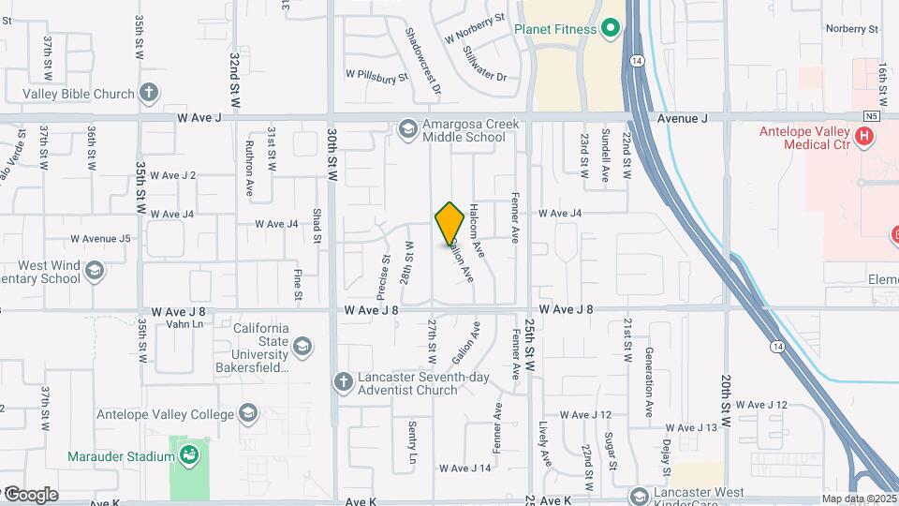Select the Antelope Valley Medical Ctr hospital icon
click(864, 137)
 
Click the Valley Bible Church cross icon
click(149, 93)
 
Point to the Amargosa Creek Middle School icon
click(407, 128)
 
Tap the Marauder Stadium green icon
click(190, 456)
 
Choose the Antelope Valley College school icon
click(247, 413)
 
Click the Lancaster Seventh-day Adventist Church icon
click(343, 380)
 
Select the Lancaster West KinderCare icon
click(640, 495)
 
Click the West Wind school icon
click(94, 271)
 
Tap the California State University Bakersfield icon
click(302, 348)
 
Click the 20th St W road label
click(727, 395)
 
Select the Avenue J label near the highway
click(682, 118)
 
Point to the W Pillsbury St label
click(377, 73)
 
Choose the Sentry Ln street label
click(412, 441)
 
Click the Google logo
click(30, 495)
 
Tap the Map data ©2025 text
click(858, 499)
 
